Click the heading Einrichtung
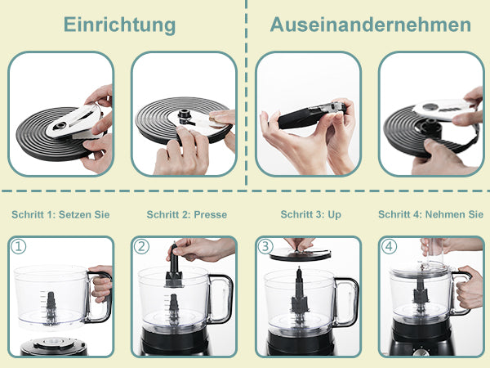coord(119,25)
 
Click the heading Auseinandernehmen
coord(370,25)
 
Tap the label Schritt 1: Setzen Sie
coord(60,214)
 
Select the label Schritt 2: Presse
coord(187,214)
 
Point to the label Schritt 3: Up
coord(310,214)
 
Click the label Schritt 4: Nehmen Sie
coord(430,214)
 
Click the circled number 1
coord(19,247)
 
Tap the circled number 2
coord(141,247)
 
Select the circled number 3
coord(265,247)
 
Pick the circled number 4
coord(389,247)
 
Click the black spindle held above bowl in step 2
coord(174,267)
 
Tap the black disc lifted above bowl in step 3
coord(300,254)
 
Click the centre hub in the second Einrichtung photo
coord(185,117)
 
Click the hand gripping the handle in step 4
coord(469,287)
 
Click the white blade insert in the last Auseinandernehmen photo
coord(443,110)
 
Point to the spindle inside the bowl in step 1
coord(51,307)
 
